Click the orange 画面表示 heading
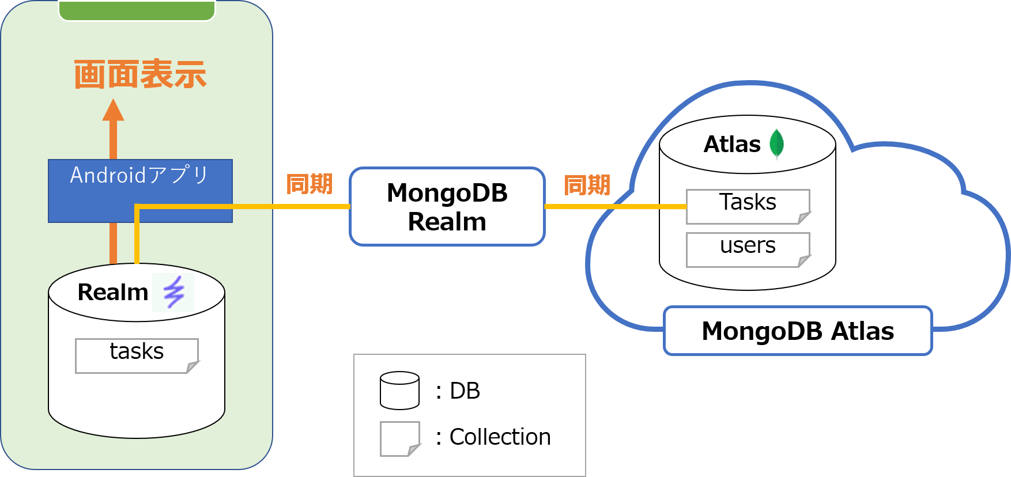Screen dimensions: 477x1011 [140, 74]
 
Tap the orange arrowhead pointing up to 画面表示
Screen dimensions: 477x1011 [113, 111]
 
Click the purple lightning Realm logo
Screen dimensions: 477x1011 [173, 292]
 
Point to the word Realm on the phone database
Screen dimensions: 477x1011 [113, 293]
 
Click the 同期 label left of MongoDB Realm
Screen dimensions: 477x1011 [310, 184]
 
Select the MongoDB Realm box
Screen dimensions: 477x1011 [447, 207]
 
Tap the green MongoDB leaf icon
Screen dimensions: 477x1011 [776, 143]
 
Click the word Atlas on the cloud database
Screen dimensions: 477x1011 [732, 144]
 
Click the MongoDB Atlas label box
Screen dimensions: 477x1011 [798, 331]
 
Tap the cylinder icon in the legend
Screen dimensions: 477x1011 [399, 391]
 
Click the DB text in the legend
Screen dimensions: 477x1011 [465, 391]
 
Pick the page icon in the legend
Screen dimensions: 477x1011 [399, 438]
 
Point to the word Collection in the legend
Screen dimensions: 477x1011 [500, 437]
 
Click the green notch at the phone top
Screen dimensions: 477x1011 [137, 10]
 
